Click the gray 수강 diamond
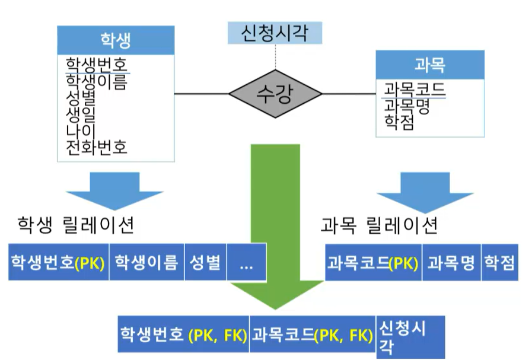coord(275,94)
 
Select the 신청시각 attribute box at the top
coord(275,32)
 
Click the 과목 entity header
coord(429,65)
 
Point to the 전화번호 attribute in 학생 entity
coord(97,146)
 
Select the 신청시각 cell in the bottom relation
coord(410,336)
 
